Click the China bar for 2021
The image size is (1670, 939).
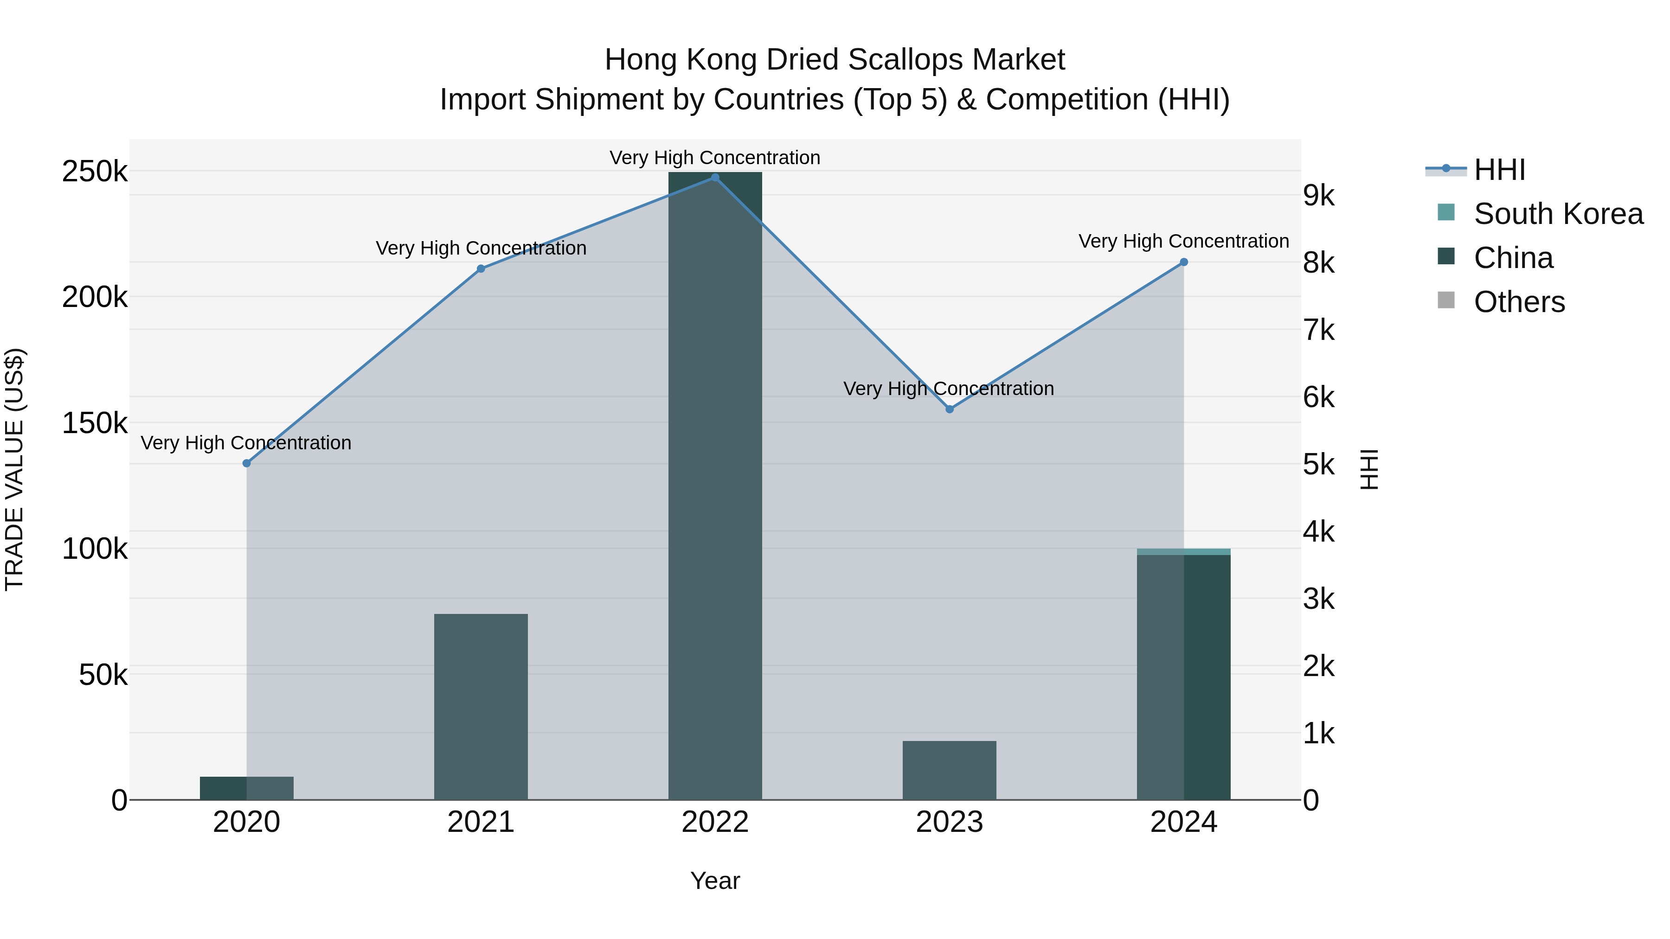coord(481,706)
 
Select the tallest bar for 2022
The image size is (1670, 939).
coord(715,486)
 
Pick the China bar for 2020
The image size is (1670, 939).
coord(246,788)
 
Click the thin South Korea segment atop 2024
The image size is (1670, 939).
coord(1184,551)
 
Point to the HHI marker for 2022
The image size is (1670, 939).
coord(715,178)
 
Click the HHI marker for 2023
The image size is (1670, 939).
coord(950,409)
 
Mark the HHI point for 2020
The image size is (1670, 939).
coord(246,463)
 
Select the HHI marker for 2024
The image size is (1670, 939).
coord(1184,262)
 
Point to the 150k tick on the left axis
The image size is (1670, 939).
coord(95,424)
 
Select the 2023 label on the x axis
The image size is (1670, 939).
coord(949,822)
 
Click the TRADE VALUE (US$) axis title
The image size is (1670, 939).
coord(14,469)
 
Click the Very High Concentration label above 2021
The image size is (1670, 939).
coord(481,248)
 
